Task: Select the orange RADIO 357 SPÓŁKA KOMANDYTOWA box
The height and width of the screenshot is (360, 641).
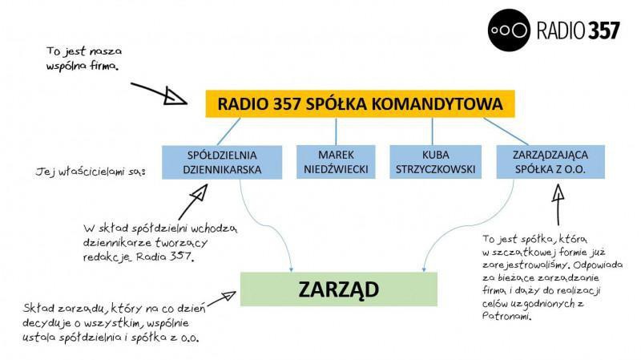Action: click(359, 104)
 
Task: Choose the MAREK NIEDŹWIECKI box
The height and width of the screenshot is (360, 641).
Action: click(336, 161)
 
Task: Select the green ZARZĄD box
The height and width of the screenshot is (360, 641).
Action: click(339, 289)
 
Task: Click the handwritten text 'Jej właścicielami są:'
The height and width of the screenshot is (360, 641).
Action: click(89, 172)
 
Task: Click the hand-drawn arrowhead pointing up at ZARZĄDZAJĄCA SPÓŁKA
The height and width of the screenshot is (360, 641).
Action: click(556, 192)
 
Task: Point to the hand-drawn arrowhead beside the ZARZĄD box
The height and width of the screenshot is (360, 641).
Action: click(228, 296)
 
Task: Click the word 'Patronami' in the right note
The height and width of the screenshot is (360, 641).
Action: click(507, 316)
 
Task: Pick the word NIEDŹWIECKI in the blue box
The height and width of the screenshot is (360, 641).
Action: click(336, 169)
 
